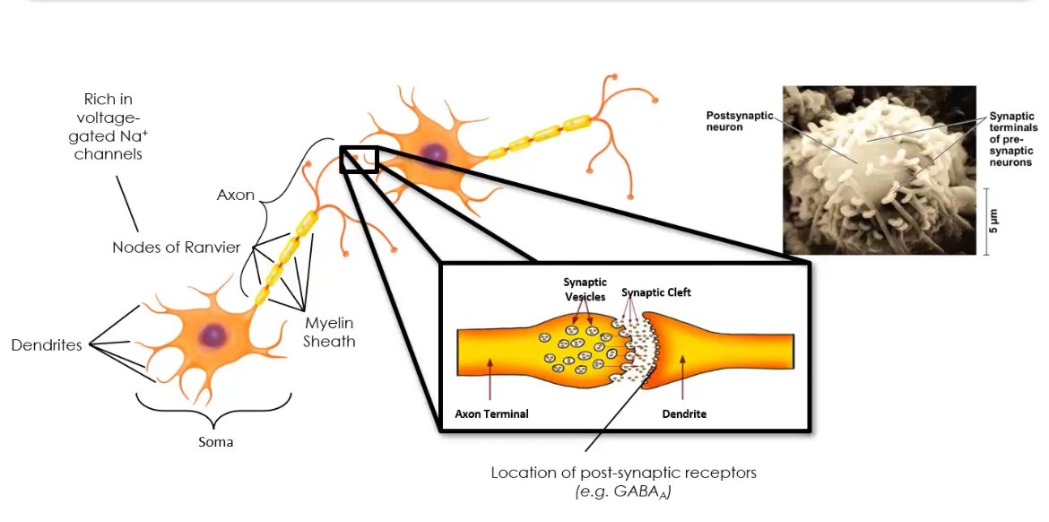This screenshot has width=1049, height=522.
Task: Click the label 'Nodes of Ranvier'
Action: pos(176,247)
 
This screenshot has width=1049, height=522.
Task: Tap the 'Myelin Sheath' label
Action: pos(329,332)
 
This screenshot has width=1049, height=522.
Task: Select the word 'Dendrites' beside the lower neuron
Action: pos(47,345)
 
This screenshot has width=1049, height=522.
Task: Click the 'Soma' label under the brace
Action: pos(215,442)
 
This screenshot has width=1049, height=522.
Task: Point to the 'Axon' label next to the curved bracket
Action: pos(236,195)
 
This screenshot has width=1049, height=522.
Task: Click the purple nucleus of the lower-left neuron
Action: pos(213,335)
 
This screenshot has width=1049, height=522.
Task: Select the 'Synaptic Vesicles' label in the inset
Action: pos(585,290)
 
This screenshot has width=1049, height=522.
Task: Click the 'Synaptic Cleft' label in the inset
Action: pos(656,292)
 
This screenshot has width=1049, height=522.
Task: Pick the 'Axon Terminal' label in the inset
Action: pos(491,414)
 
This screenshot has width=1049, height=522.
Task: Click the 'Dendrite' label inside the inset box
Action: pos(684,414)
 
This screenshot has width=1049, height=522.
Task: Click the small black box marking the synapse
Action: pos(359,159)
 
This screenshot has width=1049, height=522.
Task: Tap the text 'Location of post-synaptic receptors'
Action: pos(623,473)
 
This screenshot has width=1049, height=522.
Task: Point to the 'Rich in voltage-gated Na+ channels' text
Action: pos(108,126)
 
